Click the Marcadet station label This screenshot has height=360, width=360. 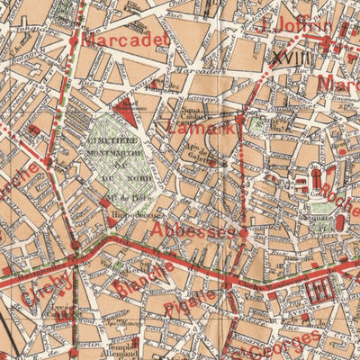coord(125,40)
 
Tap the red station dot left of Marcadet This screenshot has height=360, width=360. coord(73,40)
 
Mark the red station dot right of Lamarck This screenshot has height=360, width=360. coord(240,119)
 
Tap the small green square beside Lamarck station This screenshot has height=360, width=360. coord(256,126)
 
